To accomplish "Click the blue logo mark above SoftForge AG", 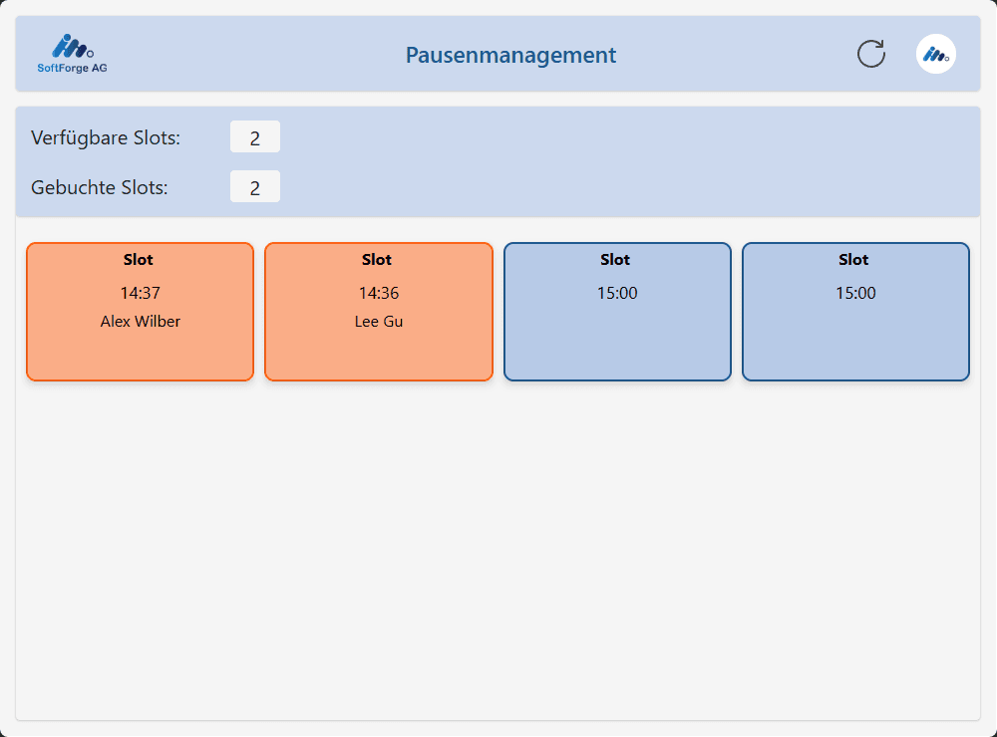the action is pyautogui.click(x=73, y=47).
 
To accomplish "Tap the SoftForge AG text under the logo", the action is pyautogui.click(x=72, y=68).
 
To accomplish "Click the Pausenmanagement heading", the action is pyautogui.click(x=510, y=56).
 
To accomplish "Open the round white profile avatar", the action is pyautogui.click(x=936, y=54).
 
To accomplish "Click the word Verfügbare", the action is pyautogui.click(x=80, y=137).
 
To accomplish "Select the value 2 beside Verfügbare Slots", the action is pyautogui.click(x=255, y=137).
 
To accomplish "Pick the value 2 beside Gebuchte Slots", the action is pyautogui.click(x=255, y=187).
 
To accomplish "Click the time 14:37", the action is pyautogui.click(x=140, y=293).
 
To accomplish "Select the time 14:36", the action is pyautogui.click(x=378, y=293).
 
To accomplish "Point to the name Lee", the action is pyautogui.click(x=367, y=322).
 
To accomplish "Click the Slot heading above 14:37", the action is pyautogui.click(x=138, y=260).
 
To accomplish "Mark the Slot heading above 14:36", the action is pyautogui.click(x=377, y=260).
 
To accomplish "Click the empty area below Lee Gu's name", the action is pyautogui.click(x=378, y=355).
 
